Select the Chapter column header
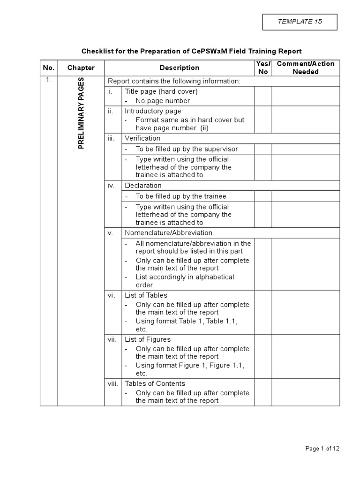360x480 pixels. point(81,67)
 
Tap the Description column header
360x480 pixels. point(179,67)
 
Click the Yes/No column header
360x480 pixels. point(263,67)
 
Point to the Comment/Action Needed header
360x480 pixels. point(306,67)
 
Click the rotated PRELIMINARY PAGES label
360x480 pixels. point(81,113)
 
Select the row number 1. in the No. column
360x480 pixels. point(48,80)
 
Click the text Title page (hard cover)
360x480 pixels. point(161,91)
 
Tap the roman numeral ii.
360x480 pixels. point(111,111)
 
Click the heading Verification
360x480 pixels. point(142,138)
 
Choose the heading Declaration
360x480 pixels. point(143,186)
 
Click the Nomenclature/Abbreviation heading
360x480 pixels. point(168,233)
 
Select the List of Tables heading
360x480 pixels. point(146,295)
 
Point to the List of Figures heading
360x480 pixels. point(148,339)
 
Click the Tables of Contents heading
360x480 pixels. point(155,383)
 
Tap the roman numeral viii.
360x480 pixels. point(112,383)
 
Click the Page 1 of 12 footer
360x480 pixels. point(322,449)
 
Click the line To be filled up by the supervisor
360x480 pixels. point(187,149)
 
